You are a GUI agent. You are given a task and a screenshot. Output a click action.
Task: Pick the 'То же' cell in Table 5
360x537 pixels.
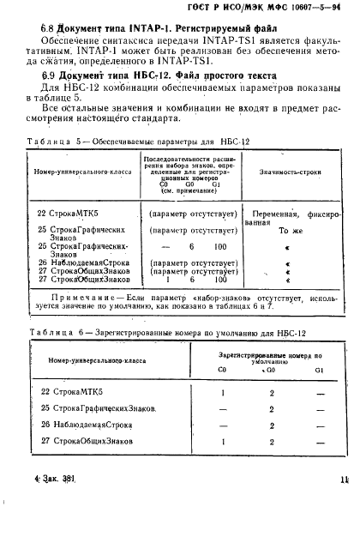pos(289,230)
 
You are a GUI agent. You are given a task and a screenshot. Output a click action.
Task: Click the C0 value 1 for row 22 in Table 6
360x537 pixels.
pos(222,391)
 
